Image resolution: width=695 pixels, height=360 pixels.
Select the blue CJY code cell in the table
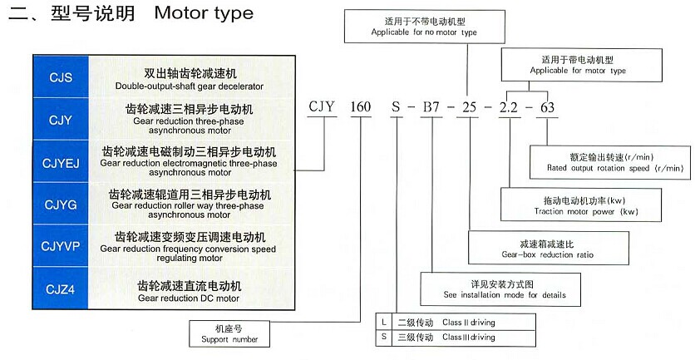click(56, 119)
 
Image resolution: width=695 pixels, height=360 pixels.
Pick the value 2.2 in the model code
click(509, 107)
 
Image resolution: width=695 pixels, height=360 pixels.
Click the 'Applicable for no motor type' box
click(407, 27)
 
